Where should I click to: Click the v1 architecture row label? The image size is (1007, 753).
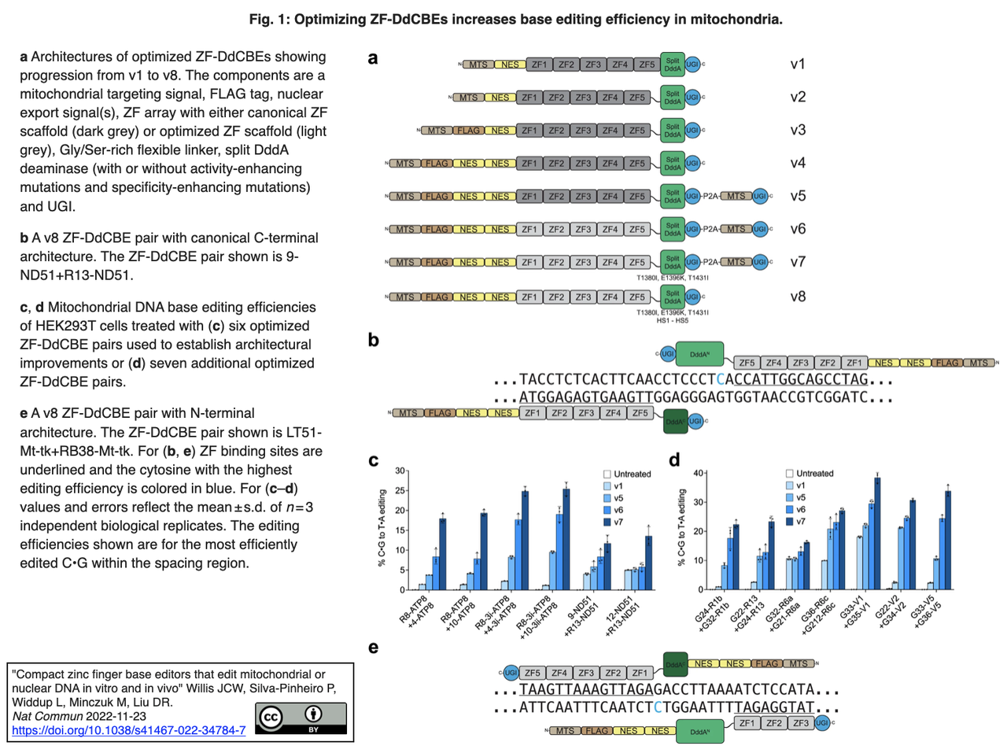(798, 65)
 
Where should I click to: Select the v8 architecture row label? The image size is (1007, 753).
(798, 297)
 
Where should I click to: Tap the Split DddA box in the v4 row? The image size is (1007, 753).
(672, 164)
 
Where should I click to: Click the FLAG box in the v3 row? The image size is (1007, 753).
(469, 131)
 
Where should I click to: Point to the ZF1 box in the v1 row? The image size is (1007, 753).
(539, 65)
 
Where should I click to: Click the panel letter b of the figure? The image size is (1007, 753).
(374, 340)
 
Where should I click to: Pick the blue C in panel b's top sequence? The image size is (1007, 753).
(721, 379)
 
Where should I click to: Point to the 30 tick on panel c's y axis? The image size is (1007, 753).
(400, 471)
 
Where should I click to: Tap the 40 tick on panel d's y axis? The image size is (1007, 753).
(698, 474)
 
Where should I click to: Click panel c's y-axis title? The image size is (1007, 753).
(382, 528)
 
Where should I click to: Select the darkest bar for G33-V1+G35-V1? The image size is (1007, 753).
(877, 533)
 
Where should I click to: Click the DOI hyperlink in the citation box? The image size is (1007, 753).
(128, 730)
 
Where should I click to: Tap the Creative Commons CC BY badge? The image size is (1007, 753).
(301, 718)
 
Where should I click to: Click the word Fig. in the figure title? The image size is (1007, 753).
(261, 19)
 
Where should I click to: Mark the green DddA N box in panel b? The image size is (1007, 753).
(699, 355)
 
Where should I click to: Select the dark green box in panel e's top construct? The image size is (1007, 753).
(675, 664)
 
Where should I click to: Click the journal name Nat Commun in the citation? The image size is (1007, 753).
(47, 716)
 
